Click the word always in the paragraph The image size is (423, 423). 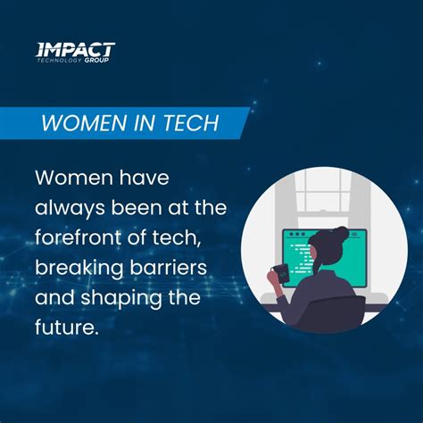pyautogui.click(x=67, y=207)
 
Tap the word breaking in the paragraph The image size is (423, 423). pyautogui.click(x=74, y=268)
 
